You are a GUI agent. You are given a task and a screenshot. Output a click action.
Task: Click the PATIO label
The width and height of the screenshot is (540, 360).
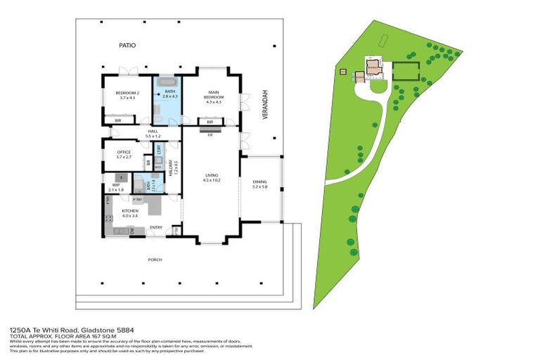[127, 46]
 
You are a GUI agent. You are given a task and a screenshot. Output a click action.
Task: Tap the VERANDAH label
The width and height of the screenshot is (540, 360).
[266, 105]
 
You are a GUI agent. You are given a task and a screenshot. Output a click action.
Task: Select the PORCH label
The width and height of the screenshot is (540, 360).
[155, 259]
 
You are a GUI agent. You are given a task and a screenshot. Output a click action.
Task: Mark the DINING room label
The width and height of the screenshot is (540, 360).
[260, 184]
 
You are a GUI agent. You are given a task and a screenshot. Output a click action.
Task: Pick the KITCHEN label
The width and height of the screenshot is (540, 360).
[129, 212]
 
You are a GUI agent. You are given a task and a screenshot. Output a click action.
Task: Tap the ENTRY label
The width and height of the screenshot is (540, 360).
[156, 227]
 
